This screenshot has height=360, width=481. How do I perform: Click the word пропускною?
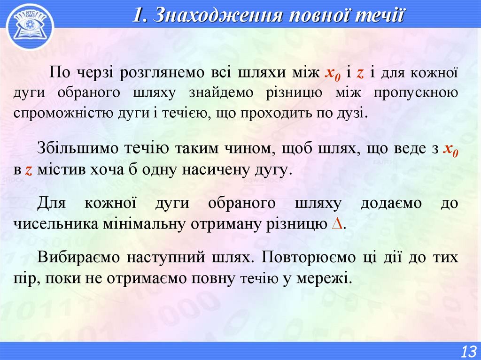(416, 92)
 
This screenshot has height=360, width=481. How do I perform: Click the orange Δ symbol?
(336, 223)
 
